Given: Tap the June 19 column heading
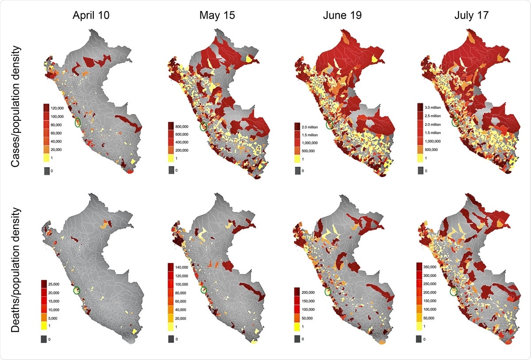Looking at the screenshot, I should pos(342,15).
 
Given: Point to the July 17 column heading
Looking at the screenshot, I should pos(471,15).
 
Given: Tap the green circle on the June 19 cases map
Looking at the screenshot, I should pos(329,125).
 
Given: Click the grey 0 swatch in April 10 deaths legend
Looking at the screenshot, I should pos(44,339).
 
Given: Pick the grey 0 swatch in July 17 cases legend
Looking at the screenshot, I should pos(418,170).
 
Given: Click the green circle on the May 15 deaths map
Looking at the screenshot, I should pos(204,290).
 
